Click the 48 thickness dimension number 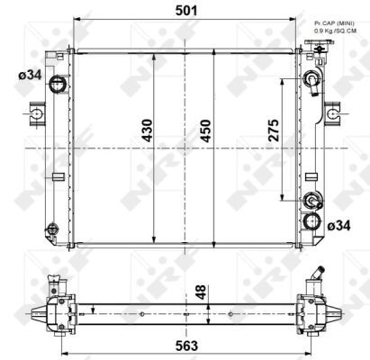pos(202,292)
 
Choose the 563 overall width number pos(186,345)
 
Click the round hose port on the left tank pos(59,85)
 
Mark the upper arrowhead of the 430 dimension pos(156,57)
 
